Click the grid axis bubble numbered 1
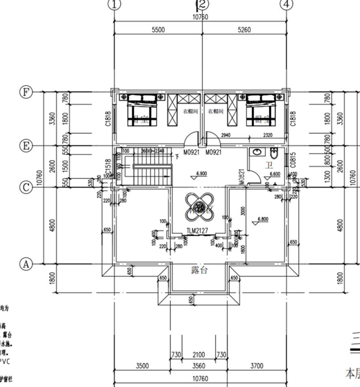115,4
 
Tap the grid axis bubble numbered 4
286,4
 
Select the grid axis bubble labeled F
26,92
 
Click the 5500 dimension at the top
158,30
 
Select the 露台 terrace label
198,270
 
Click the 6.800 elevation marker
264,220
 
